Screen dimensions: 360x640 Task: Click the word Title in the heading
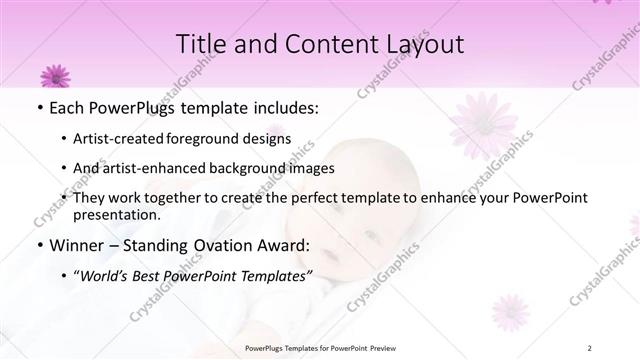[x=201, y=44]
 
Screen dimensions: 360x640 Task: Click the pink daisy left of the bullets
[x=53, y=74]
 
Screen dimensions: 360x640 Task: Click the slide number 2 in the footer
[x=590, y=348]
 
